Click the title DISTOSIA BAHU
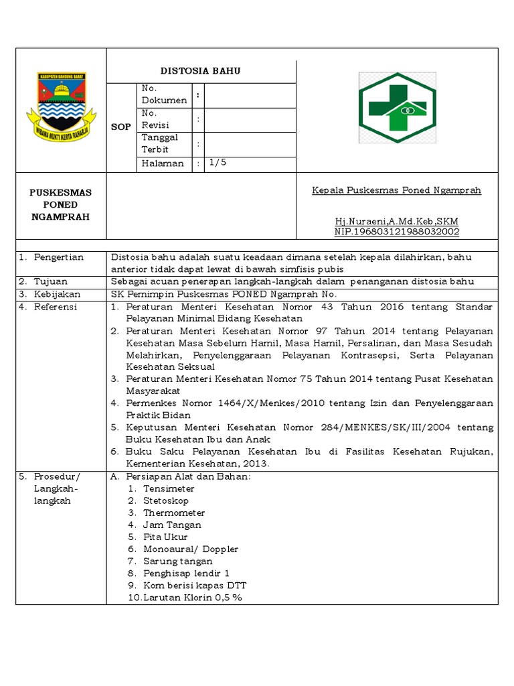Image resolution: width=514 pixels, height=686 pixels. [200, 71]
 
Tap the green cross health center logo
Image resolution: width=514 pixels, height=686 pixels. [397, 107]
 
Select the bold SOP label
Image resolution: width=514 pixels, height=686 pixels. [121, 127]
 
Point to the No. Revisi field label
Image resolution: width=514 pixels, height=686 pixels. [155, 119]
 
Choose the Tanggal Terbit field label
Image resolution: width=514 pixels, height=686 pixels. [160, 143]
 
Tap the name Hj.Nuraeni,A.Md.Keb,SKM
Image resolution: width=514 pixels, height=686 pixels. [396, 221]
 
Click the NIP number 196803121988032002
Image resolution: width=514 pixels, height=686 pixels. [396, 232]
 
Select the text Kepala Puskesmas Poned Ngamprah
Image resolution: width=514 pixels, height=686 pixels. [396, 190]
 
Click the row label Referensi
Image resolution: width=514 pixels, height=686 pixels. [56, 307]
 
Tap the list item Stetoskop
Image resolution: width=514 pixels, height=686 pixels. [165, 501]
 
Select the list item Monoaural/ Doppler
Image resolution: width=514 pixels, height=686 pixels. [191, 549]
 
